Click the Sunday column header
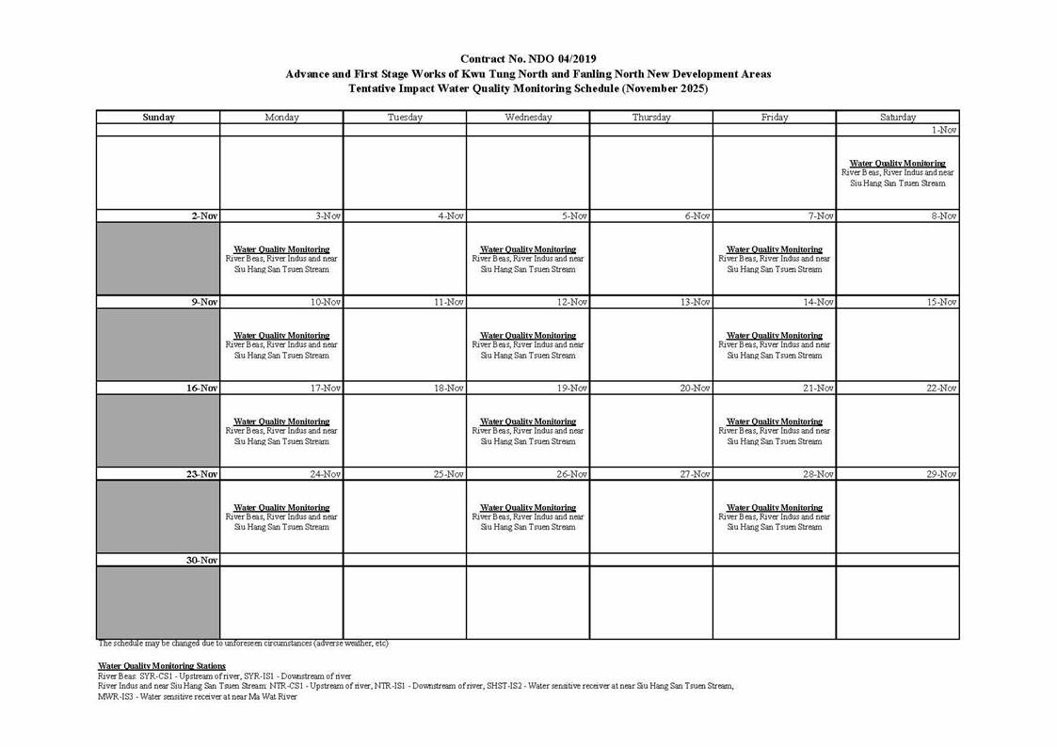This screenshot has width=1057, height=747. pyautogui.click(x=158, y=118)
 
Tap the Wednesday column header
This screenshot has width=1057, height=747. pyautogui.click(x=528, y=118)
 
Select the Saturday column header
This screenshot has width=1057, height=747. pyautogui.click(x=897, y=118)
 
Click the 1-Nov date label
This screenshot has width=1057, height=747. pyautogui.click(x=944, y=130)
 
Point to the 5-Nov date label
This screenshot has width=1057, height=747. pyautogui.click(x=574, y=216)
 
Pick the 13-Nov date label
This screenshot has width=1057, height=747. pyautogui.click(x=697, y=302)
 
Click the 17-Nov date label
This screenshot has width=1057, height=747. pyautogui.click(x=326, y=389)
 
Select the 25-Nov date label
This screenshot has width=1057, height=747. pyautogui.click(x=449, y=475)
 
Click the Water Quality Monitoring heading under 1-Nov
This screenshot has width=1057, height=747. pyautogui.click(x=897, y=163)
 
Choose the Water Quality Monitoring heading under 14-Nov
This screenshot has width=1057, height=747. pyautogui.click(x=774, y=336)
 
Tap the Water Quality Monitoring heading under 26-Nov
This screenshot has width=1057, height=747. pyautogui.click(x=528, y=508)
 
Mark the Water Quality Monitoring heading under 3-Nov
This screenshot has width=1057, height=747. pyautogui.click(x=281, y=249)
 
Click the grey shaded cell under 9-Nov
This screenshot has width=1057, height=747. pyautogui.click(x=158, y=344)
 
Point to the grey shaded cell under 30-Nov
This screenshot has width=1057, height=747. pyautogui.click(x=158, y=602)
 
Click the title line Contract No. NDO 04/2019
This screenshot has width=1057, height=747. pyautogui.click(x=528, y=59)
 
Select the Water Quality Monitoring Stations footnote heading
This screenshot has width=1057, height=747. pyautogui.click(x=162, y=666)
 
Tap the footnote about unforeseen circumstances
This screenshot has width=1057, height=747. pyautogui.click(x=243, y=644)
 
